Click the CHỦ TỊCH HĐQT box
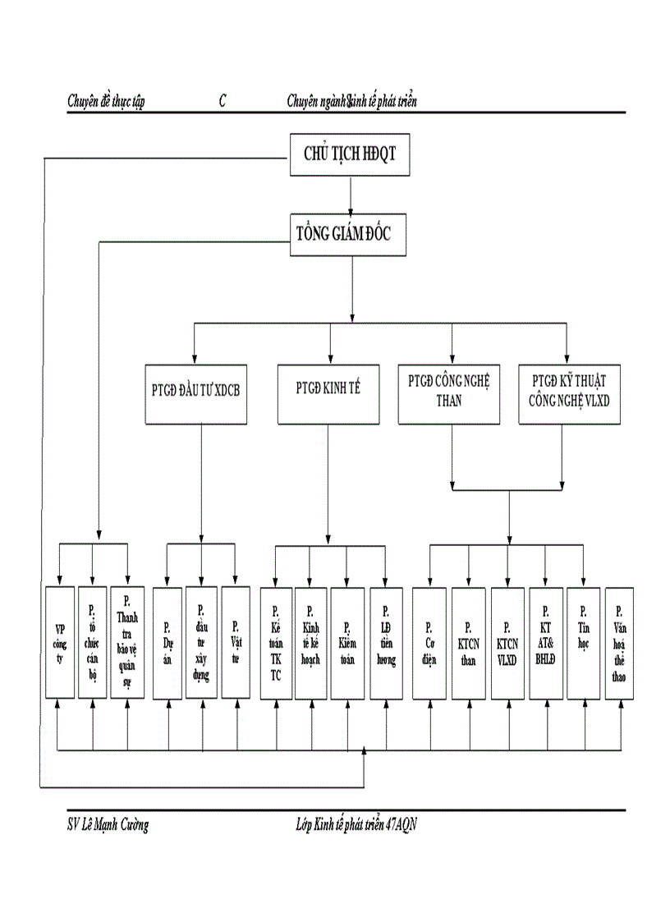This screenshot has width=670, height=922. click(350, 155)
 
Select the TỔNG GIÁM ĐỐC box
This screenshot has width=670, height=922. click(349, 234)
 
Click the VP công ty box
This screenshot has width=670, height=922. click(59, 642)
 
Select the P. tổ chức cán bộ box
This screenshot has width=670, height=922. click(92, 642)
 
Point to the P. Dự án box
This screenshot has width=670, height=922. click(167, 642)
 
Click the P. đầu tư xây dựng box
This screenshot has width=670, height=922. click(201, 642)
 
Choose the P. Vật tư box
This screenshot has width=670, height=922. click(236, 642)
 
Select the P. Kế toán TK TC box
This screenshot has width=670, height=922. click(276, 642)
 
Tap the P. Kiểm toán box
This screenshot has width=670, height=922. click(347, 642)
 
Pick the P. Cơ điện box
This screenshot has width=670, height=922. click(429, 642)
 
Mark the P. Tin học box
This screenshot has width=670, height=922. click(583, 642)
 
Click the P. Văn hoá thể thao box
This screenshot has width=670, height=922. click(619, 642)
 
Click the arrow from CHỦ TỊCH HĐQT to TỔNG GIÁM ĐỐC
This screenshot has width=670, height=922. click(351, 195)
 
